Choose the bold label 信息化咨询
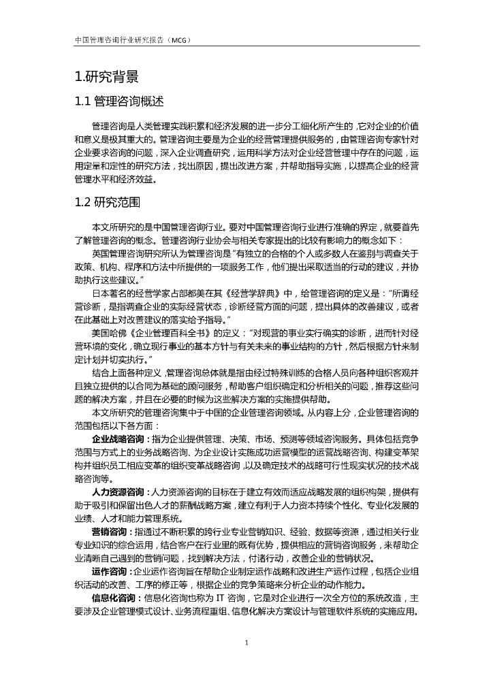[116, 598]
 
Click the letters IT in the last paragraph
[221, 598]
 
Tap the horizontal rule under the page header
[246, 46]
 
